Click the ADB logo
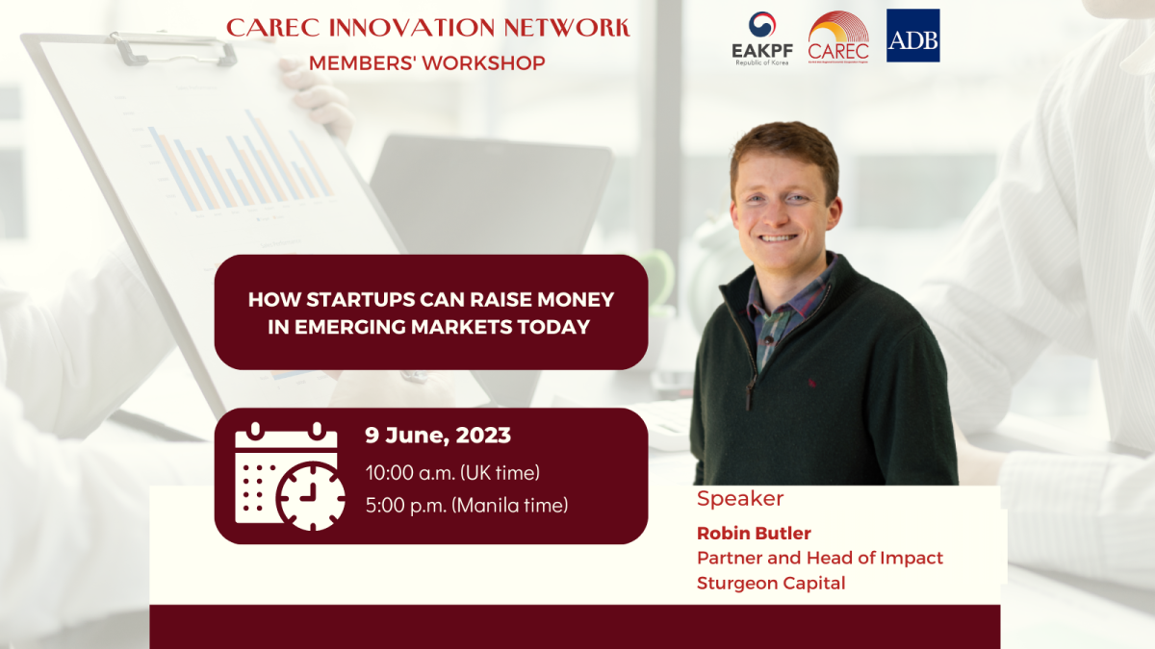point(912,36)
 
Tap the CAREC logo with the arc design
point(837,37)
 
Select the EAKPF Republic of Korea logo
point(761,38)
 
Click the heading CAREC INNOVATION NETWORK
point(427,27)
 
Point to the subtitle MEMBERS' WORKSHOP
point(427,63)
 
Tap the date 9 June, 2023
point(438,436)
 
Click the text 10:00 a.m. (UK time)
point(452,472)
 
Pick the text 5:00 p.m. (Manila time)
point(467,504)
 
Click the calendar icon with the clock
point(289,476)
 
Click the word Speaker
point(740,499)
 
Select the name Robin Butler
point(754,533)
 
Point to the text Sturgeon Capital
point(771,583)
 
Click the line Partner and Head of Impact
point(820,558)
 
